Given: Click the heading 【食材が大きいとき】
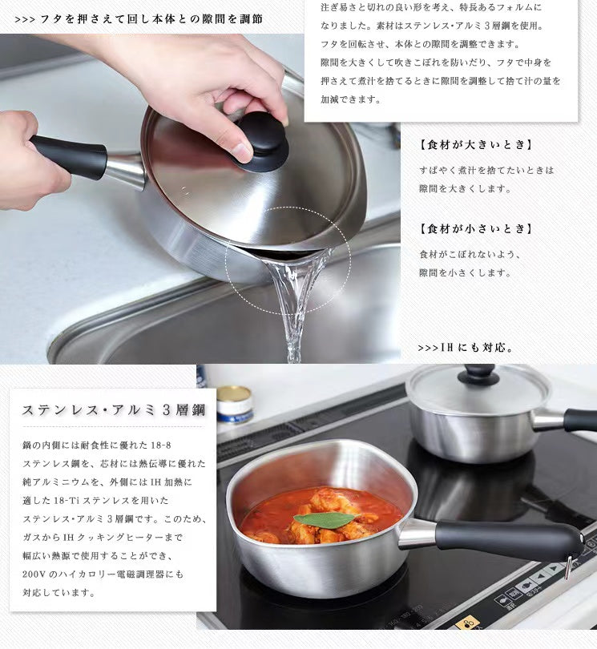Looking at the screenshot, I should pyautogui.click(x=476, y=145).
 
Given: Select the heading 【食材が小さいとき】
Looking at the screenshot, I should pyautogui.click(x=476, y=228).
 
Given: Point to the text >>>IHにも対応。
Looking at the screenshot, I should pyautogui.click(x=466, y=348).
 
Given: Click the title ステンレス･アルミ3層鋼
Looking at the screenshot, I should pyautogui.click(x=113, y=410).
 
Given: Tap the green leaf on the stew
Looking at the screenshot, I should pyautogui.click(x=325, y=519).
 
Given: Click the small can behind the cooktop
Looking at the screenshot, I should pyautogui.click(x=234, y=403).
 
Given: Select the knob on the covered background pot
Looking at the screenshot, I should pyautogui.click(x=478, y=373).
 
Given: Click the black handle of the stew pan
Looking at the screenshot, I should pyautogui.click(x=505, y=538).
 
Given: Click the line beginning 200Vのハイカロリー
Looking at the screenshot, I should pyautogui.click(x=103, y=574).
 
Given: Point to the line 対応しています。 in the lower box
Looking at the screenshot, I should pyautogui.click(x=60, y=593).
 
